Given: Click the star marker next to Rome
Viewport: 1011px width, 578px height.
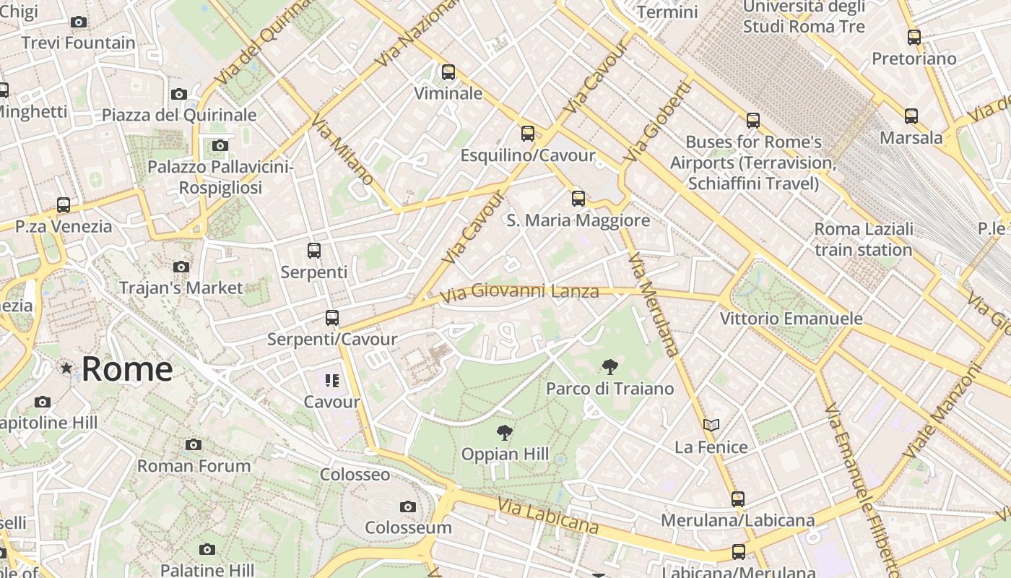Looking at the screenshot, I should tap(66, 368).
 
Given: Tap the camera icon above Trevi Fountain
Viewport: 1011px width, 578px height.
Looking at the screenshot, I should tap(79, 22).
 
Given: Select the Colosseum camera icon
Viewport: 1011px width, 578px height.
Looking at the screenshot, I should tap(408, 506).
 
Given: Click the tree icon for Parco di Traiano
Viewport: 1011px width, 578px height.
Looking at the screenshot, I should tap(609, 367).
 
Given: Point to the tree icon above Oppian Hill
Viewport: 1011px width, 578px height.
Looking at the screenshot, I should tap(505, 433).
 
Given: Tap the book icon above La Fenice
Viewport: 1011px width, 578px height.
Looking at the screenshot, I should tap(711, 425).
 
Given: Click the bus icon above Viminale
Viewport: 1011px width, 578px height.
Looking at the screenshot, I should tap(448, 72).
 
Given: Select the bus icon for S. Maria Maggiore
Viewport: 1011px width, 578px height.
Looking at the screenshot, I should tap(578, 198).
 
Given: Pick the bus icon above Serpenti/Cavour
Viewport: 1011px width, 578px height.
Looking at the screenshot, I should tap(331, 317).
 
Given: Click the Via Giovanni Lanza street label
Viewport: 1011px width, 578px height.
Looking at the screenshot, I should tap(520, 293).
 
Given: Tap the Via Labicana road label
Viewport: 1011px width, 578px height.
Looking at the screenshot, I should tap(548, 517).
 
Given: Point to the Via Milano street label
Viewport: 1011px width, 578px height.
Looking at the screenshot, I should tap(343, 148).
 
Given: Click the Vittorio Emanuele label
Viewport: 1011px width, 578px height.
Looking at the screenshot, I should tap(791, 319).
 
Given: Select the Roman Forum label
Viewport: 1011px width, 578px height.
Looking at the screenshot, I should tap(194, 466).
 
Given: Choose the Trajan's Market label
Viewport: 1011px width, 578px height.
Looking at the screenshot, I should tap(181, 288).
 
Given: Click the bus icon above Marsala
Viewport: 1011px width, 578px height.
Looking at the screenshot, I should tap(911, 116).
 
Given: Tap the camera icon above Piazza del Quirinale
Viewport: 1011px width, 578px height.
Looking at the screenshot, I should tap(179, 94).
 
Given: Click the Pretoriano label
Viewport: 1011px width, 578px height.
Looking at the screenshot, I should tap(914, 59).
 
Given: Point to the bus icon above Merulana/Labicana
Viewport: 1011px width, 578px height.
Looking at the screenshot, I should tap(737, 499).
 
